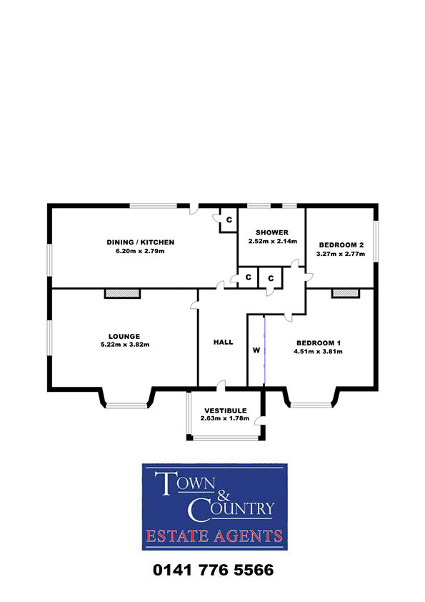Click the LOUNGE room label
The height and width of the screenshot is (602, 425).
124,337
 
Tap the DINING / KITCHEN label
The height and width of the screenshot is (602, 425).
141,242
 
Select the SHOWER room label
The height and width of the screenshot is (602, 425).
272,232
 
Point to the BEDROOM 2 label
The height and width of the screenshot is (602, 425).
341,245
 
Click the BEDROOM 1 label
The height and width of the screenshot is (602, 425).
319,343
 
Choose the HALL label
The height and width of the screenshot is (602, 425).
224,342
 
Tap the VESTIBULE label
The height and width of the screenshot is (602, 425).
226,410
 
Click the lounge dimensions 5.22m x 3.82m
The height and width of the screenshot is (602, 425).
125,345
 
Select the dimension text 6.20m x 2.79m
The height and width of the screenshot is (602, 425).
140,251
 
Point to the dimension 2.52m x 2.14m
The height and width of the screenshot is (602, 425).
273,241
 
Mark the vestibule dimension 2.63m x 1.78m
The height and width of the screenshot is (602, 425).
225,418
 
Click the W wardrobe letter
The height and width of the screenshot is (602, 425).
256,350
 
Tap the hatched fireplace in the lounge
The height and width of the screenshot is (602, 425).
122,293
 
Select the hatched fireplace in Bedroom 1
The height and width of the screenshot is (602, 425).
346,293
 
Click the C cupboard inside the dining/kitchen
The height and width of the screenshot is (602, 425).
229,220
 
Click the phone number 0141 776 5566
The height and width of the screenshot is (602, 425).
214,570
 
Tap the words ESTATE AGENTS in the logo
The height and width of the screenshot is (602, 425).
214,536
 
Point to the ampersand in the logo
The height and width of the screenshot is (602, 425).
224,495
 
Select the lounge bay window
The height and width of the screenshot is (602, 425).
126,405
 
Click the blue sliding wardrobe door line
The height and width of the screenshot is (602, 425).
264,350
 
